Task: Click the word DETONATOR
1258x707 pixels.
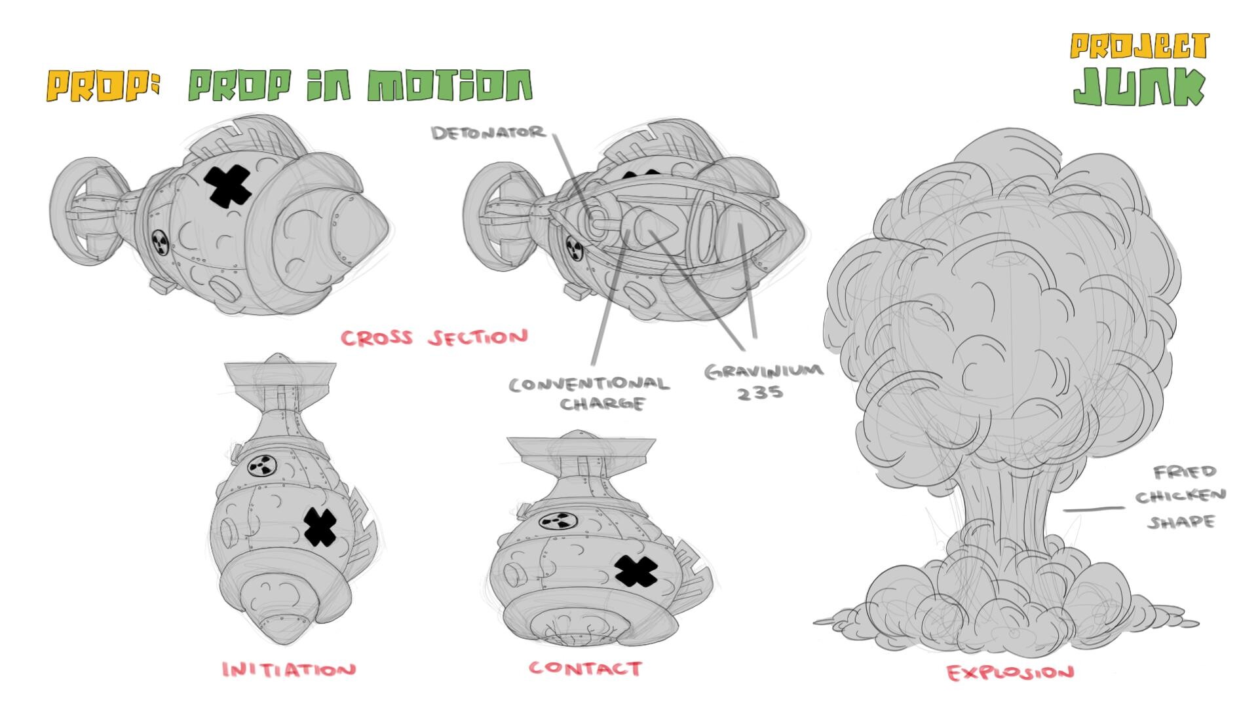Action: point(488,133)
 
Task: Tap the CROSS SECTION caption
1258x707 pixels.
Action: point(434,338)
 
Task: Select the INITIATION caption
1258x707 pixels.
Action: point(289,670)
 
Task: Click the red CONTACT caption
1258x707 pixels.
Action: point(585,668)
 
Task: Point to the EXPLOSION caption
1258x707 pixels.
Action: point(1010,672)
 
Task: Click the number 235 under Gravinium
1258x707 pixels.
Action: point(759,393)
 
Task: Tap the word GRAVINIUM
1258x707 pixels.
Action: point(764,371)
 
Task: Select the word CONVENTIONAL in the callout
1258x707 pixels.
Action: point(589,384)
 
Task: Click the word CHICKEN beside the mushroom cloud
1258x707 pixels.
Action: point(1180,496)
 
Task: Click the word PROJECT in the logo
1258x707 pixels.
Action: point(1139,46)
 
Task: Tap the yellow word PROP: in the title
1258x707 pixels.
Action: point(103,86)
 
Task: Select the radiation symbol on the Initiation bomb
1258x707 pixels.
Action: point(263,467)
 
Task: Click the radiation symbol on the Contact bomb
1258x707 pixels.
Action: point(558,521)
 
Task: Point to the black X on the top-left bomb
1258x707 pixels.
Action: point(229,185)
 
